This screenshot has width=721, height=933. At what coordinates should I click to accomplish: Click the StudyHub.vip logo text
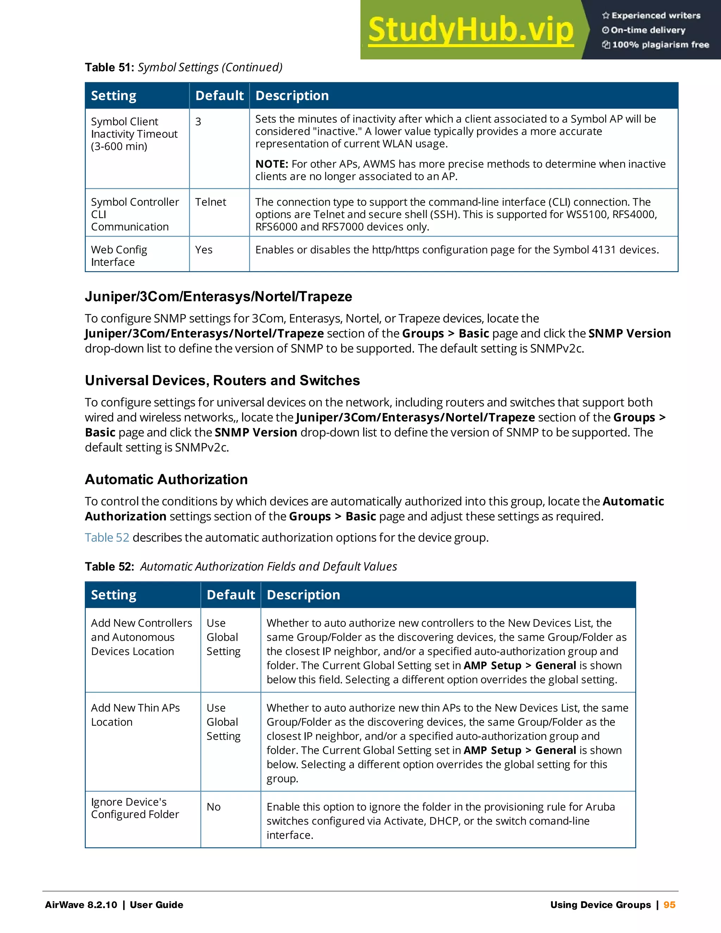tap(470, 30)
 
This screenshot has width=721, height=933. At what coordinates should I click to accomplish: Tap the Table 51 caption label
tap(110, 68)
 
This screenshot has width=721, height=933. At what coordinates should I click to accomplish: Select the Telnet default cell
tap(211, 202)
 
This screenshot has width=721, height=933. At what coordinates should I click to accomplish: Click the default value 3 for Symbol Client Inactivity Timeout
tap(198, 122)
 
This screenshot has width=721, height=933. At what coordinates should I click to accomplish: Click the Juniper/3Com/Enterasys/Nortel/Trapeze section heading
tap(218, 296)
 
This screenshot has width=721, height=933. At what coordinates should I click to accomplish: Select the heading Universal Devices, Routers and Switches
tap(222, 380)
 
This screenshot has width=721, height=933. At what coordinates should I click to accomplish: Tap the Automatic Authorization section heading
tap(166, 479)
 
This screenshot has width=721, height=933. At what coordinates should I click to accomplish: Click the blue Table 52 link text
tap(107, 537)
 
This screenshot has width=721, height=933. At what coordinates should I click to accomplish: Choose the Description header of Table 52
tap(303, 595)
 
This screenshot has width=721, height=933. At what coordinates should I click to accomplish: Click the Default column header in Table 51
tap(219, 96)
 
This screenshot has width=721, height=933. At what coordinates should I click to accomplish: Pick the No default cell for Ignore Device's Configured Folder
tap(214, 807)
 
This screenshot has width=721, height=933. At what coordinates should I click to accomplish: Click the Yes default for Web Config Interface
tap(204, 250)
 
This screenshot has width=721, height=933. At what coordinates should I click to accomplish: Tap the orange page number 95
tap(669, 904)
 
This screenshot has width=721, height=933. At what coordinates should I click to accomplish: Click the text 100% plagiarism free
tap(660, 45)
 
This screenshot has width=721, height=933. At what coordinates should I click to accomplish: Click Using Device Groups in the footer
tap(600, 904)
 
